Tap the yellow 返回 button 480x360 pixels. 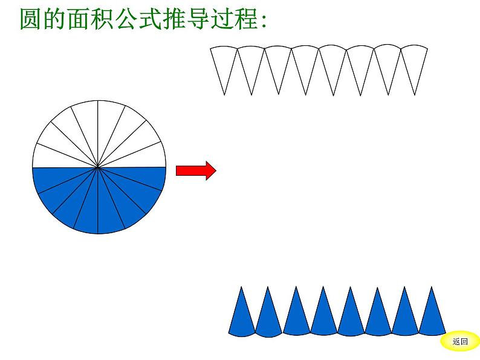[x=459, y=341]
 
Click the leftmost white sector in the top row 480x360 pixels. [x=224, y=63]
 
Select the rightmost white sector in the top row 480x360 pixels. [x=415, y=63]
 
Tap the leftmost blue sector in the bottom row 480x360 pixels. [x=241, y=317]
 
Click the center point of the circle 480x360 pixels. [x=99, y=167]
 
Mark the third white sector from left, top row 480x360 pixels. [x=279, y=63]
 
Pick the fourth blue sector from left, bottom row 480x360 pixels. [x=323, y=317]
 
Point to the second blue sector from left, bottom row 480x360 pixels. [x=268, y=317]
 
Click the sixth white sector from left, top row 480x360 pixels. [x=360, y=63]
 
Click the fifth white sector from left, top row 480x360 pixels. [x=333, y=63]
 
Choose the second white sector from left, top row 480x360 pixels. [x=251, y=63]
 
